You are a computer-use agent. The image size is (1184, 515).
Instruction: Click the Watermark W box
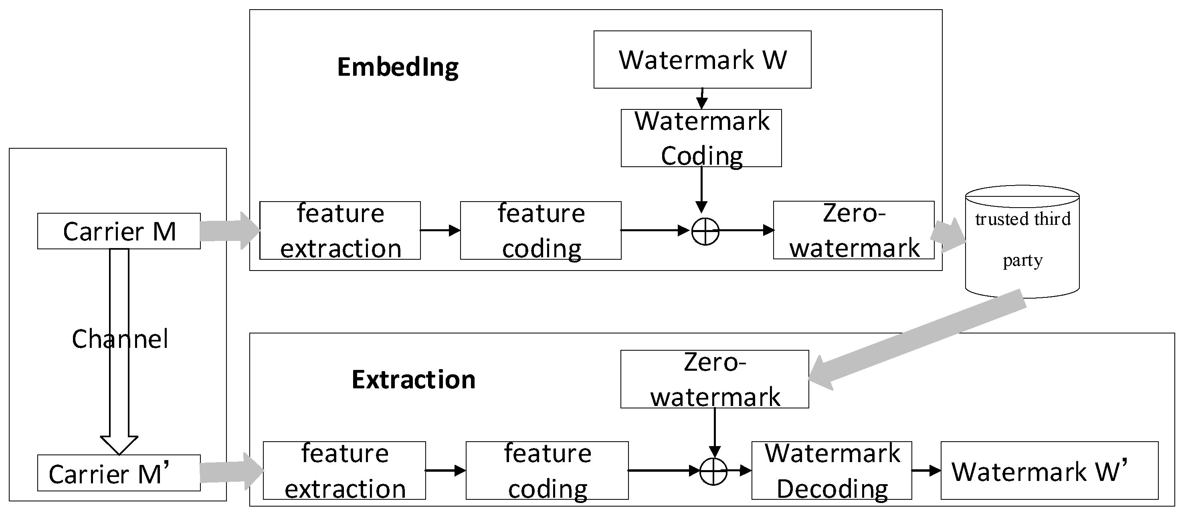click(x=702, y=59)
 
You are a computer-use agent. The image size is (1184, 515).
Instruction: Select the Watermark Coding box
click(x=701, y=138)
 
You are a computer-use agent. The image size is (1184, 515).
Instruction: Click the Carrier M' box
click(x=119, y=473)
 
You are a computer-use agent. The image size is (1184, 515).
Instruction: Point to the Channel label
click(x=119, y=339)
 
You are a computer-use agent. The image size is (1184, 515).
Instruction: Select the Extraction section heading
click(x=413, y=380)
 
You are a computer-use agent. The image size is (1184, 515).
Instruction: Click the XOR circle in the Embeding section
click(x=705, y=230)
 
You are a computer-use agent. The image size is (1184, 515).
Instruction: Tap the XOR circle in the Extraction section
click(x=713, y=471)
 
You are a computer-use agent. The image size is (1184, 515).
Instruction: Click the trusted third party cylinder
click(x=1022, y=241)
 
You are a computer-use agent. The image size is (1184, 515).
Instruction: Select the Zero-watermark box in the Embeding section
click(x=853, y=230)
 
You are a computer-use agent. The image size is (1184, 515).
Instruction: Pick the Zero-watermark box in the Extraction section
click(x=714, y=379)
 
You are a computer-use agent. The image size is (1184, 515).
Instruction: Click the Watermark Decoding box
click(x=831, y=471)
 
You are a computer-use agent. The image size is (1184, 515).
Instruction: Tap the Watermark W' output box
click(x=1049, y=471)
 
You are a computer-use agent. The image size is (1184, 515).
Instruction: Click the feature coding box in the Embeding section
click(x=541, y=230)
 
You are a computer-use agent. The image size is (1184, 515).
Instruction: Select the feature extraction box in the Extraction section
click(x=344, y=471)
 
